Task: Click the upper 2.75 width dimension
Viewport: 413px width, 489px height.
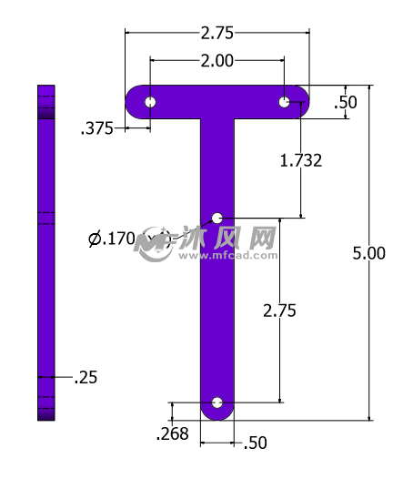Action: pos(217,33)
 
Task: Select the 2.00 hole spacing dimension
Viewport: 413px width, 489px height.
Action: pos(217,60)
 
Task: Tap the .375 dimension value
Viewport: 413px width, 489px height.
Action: pos(96,128)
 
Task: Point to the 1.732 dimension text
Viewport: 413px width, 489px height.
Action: pos(301,160)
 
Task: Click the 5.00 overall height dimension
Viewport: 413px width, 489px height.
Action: pos(368,253)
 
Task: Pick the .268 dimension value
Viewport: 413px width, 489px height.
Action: pos(172,433)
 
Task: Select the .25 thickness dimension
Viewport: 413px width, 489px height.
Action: pos(86,377)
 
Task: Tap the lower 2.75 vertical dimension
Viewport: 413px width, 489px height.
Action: pos(279,311)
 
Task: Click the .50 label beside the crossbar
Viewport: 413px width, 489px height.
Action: pos(346,102)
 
